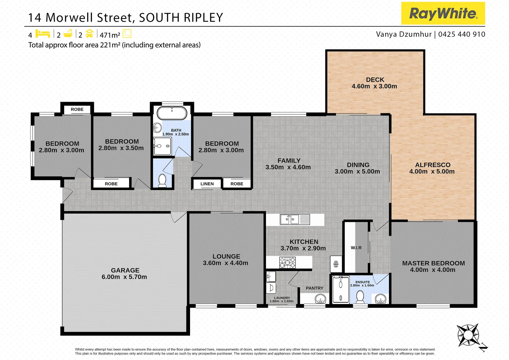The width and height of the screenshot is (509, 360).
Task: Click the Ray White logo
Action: [443, 13]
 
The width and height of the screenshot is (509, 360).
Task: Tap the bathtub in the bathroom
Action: [172, 113]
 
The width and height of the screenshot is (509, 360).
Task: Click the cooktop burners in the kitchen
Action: [287, 262]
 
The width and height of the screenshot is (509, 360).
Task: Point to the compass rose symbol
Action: [468, 335]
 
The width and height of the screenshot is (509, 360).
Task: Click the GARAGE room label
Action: [125, 270]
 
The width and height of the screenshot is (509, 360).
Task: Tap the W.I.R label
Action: [356, 248]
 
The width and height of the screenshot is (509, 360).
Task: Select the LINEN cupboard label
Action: [207, 184]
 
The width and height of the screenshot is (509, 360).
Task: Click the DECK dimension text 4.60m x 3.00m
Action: [374, 86]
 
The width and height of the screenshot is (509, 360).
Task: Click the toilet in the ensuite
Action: [360, 296]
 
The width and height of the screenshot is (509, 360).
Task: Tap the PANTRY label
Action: [314, 288]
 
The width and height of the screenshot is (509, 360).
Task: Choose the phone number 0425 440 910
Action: [462, 34]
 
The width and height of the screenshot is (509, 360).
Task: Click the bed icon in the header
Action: [43, 34]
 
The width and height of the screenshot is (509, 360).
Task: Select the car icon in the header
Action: [89, 34]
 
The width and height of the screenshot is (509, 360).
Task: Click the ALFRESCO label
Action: [433, 165]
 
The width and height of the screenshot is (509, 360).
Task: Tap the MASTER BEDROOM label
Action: [433, 263]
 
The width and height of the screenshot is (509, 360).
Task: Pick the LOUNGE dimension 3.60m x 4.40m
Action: [225, 263]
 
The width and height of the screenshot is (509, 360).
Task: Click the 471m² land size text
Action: [110, 35]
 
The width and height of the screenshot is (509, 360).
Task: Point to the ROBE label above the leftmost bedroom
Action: [77, 109]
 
